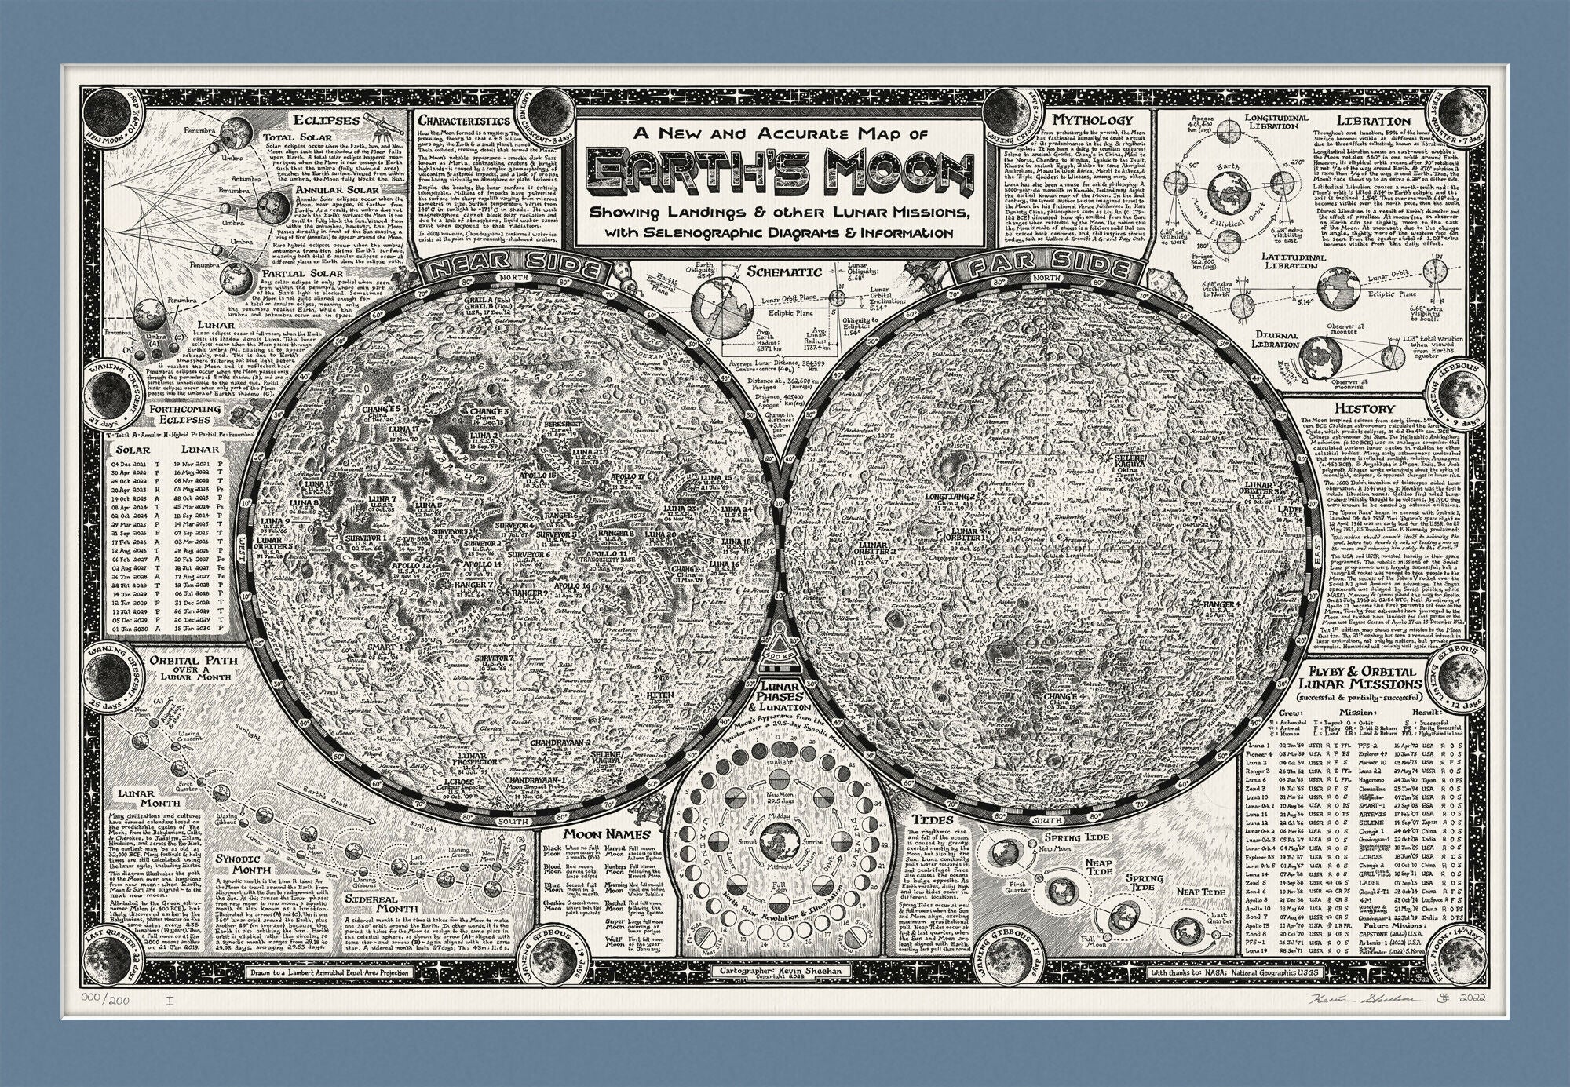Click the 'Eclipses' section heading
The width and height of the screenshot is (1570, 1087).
[328, 121]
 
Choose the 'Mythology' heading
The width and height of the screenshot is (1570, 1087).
[1093, 120]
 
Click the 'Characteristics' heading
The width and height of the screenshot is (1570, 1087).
[463, 121]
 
